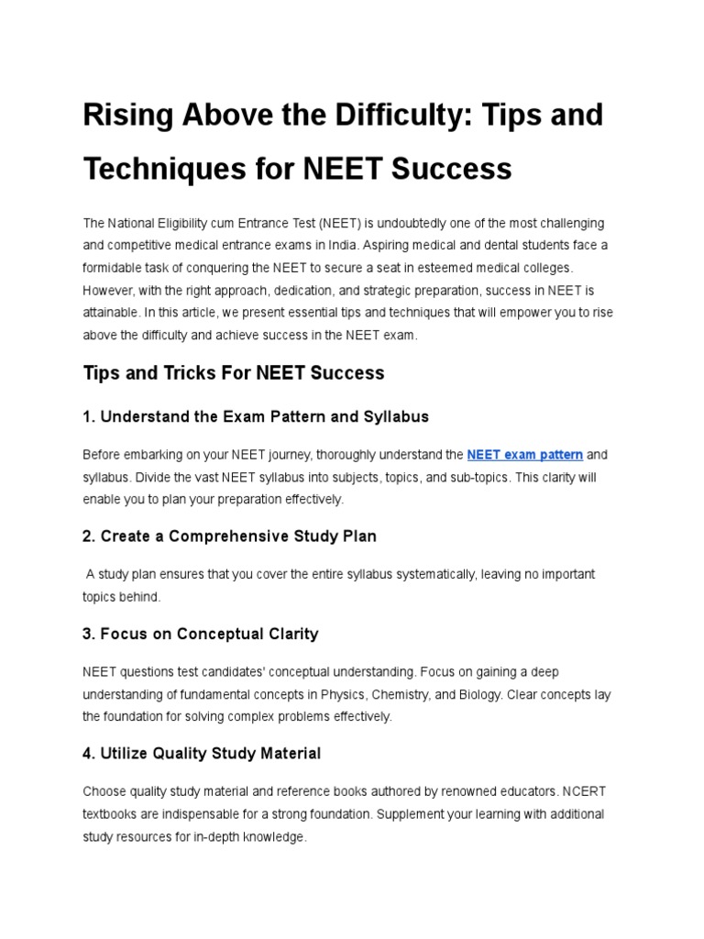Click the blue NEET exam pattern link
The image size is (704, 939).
(x=524, y=455)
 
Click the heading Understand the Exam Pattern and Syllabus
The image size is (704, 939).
(x=256, y=416)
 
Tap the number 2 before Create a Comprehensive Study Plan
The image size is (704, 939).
(x=87, y=536)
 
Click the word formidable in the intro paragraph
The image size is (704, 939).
(x=114, y=267)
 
